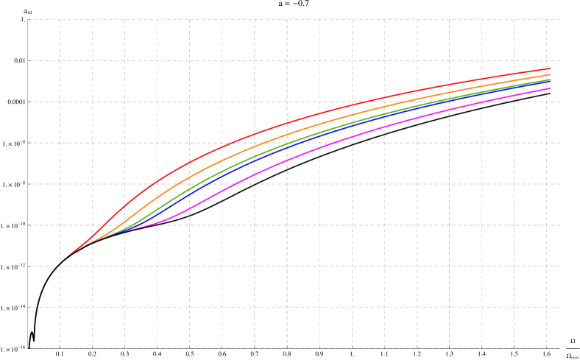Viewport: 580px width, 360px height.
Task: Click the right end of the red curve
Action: coord(550,68)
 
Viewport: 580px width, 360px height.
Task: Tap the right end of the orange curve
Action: coord(550,74)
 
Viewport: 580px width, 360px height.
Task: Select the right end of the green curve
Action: coord(550,79)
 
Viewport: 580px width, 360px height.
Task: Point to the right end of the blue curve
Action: coord(550,80)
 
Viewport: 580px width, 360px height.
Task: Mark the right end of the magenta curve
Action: coord(550,88)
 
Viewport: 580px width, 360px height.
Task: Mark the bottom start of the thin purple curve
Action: coord(29,347)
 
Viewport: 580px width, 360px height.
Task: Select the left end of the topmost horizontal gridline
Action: coord(29,20)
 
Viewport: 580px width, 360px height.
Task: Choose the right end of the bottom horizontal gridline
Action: coord(560,348)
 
